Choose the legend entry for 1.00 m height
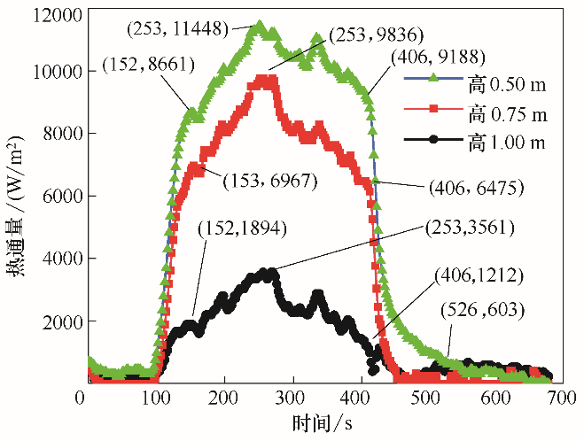click(508, 141)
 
